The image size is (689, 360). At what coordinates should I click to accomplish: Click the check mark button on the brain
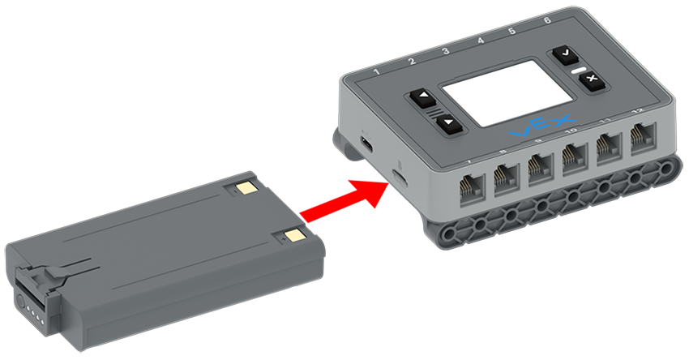pyautogui.click(x=563, y=54)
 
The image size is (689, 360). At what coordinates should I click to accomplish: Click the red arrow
pyautogui.click(x=340, y=198)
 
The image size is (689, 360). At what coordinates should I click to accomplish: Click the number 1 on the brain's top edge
pyautogui.click(x=377, y=75)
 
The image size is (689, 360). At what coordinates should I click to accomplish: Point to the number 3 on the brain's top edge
pyautogui.click(x=445, y=52)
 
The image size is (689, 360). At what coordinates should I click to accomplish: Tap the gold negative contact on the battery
pyautogui.click(x=244, y=188)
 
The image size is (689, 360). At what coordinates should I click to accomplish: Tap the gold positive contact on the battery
pyautogui.click(x=293, y=236)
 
